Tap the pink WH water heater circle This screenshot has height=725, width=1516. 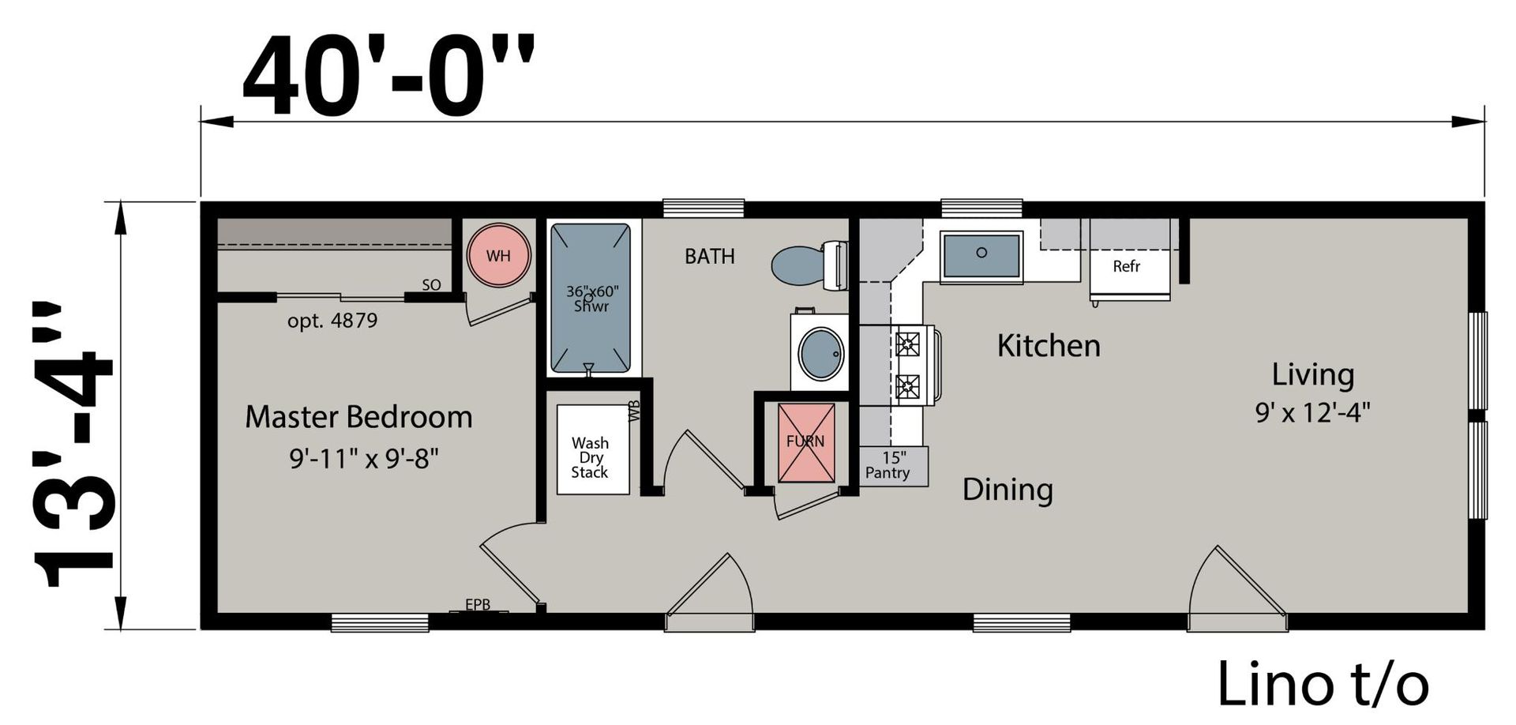click(498, 255)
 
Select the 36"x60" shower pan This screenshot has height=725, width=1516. click(591, 298)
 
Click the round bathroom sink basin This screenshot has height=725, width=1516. click(821, 353)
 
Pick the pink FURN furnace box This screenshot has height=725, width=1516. click(806, 442)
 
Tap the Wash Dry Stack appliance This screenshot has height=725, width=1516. click(593, 449)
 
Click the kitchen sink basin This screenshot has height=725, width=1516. click(981, 254)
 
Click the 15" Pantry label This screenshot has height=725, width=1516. click(888, 465)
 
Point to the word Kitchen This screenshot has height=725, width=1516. click(1049, 346)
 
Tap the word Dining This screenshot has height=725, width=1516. click(1008, 490)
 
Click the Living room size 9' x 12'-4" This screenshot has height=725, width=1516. click(1313, 412)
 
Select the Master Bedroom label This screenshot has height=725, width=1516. click(358, 417)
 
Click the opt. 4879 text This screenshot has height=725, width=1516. click(332, 321)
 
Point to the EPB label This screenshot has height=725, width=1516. click(478, 604)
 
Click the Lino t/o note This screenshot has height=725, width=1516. click(1323, 684)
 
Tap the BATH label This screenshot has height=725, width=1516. click(710, 256)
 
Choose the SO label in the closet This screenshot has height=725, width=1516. click(431, 285)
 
